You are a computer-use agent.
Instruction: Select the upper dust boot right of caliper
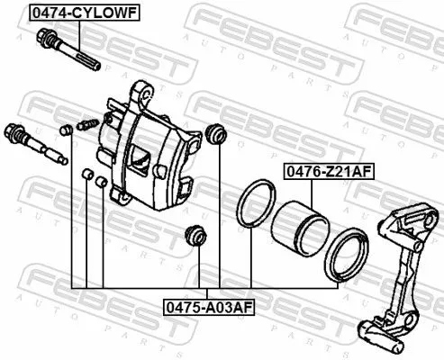click(x=216, y=133)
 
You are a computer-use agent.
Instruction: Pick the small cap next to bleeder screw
click(x=66, y=132)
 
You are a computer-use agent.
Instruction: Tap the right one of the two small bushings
click(x=102, y=181)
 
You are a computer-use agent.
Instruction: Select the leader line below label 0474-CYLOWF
click(x=79, y=34)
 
